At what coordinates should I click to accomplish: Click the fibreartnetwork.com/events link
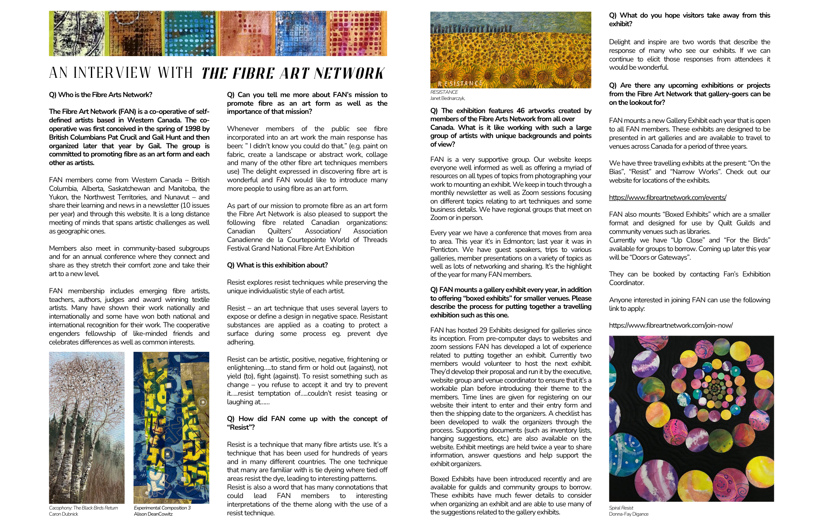(x=667, y=197)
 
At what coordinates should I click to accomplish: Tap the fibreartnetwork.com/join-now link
(x=671, y=325)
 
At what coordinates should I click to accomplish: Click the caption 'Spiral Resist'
(x=621, y=508)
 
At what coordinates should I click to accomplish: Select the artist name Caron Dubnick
(x=63, y=514)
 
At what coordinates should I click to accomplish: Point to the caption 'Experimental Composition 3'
(x=162, y=508)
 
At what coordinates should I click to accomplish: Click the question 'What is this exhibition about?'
(x=277, y=265)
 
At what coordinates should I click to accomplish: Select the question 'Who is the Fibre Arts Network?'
(x=100, y=95)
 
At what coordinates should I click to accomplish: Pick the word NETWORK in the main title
(x=349, y=74)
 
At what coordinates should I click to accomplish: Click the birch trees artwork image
(x=86, y=427)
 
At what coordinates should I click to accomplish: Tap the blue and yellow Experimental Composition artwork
(x=171, y=427)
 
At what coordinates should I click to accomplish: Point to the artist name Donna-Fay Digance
(x=629, y=514)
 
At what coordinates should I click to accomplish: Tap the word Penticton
(x=444, y=249)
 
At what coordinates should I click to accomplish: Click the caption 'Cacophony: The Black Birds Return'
(x=84, y=508)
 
